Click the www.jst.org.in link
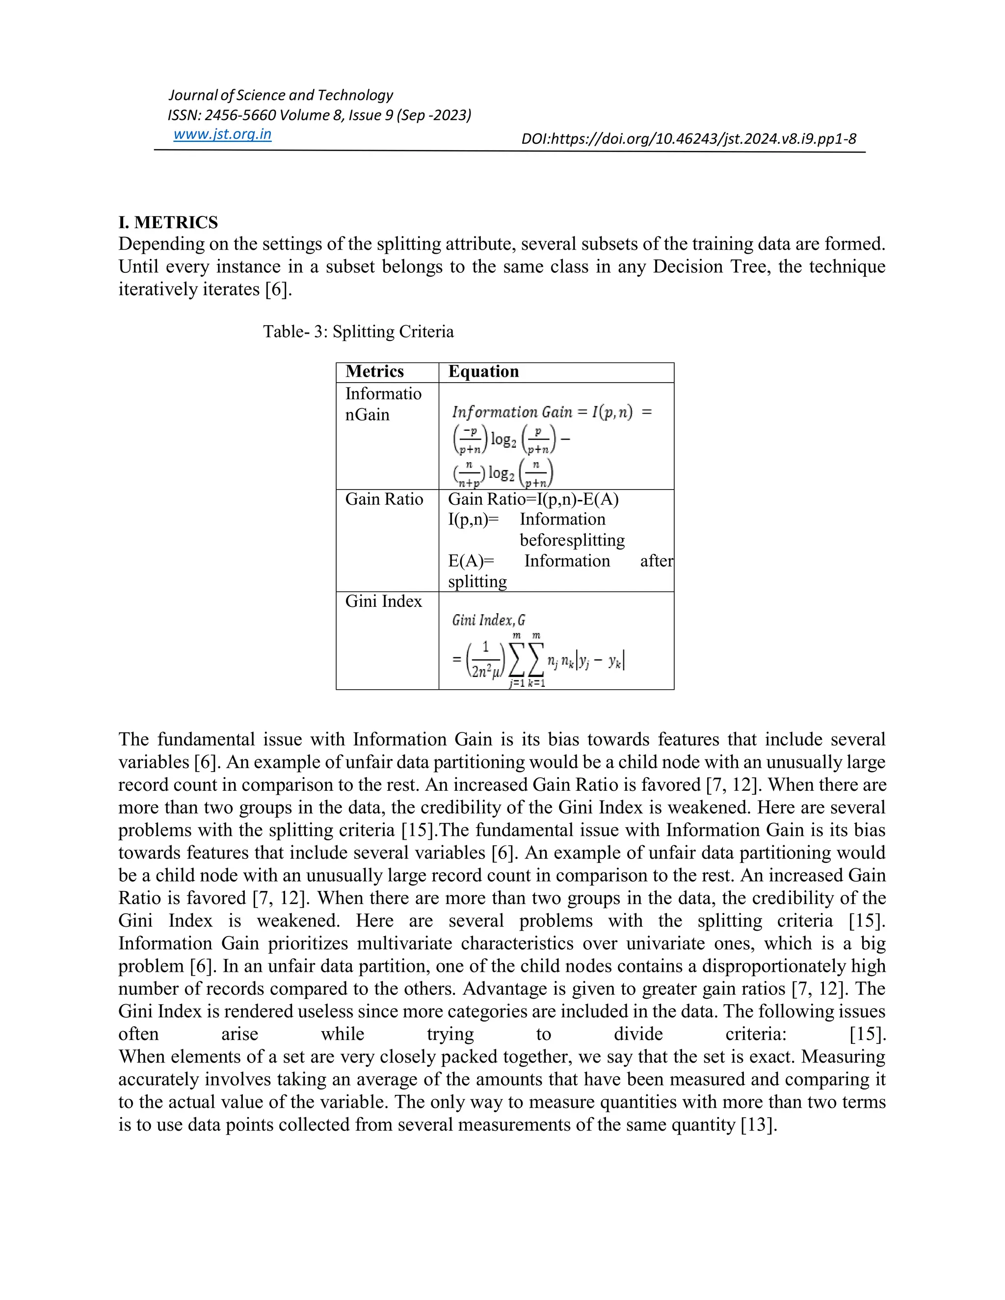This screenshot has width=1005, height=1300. pos(222,134)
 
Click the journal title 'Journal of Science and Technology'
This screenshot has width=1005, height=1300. pos(280,95)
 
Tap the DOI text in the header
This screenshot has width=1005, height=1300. pos(688,139)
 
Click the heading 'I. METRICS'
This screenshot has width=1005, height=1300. pos(168,223)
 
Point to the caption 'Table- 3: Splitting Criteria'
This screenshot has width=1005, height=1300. pos(358,332)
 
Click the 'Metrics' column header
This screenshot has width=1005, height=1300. pos(374,372)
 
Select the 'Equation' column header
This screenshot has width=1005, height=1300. pos(483,372)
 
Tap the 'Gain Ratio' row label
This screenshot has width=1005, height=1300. pos(384,499)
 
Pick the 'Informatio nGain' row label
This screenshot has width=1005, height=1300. pos(383,404)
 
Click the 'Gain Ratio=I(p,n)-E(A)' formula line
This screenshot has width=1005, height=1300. pos(533,499)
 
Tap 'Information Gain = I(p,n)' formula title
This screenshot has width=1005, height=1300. pos(542,412)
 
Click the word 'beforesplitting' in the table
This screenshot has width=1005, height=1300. pos(572,540)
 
